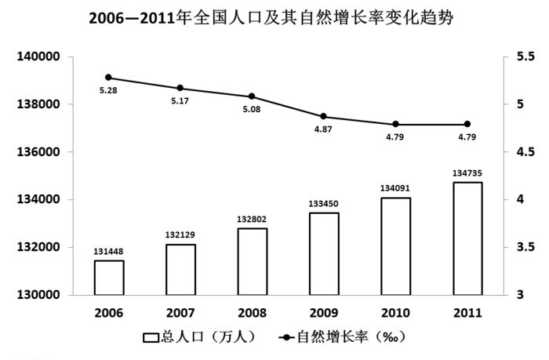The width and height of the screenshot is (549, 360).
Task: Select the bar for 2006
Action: click(x=108, y=278)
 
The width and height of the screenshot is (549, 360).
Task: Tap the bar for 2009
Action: click(x=323, y=254)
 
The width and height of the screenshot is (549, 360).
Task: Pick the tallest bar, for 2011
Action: click(x=467, y=238)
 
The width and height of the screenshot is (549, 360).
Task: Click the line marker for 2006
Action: click(x=108, y=78)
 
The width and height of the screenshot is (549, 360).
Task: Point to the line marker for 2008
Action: click(x=252, y=96)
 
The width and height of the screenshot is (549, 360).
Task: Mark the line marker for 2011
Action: click(x=467, y=124)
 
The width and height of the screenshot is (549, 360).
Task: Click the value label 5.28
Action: click(x=108, y=92)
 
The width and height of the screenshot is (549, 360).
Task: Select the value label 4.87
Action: click(x=323, y=130)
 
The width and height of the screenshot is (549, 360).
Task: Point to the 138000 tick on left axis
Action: click(x=39, y=104)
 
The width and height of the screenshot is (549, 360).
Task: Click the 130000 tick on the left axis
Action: click(x=39, y=295)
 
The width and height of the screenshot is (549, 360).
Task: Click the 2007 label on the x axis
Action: click(x=180, y=312)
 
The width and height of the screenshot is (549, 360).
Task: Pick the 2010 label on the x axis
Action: click(x=395, y=312)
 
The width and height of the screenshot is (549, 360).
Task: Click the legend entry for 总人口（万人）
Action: click(x=200, y=337)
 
